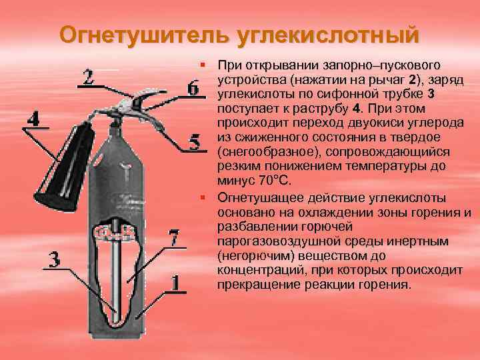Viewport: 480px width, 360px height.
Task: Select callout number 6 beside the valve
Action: point(193,89)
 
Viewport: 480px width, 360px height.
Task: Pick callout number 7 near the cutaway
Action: point(173,238)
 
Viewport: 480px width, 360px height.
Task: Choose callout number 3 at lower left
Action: point(56,259)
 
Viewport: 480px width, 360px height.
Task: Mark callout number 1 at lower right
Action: point(175,282)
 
